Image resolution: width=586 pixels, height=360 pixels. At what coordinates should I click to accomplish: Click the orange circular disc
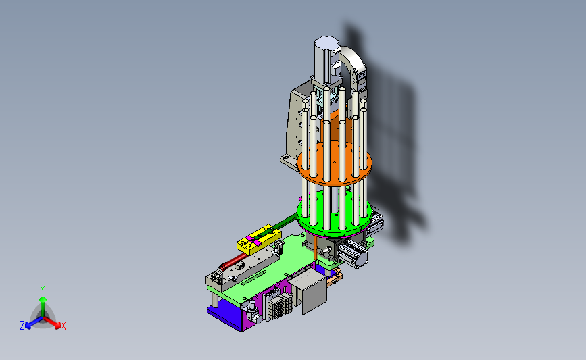335,164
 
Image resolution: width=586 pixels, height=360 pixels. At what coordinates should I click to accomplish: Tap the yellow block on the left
259,240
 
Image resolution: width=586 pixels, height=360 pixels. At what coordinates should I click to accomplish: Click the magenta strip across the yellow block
253,240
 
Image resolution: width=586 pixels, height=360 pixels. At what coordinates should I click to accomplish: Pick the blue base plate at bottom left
224,316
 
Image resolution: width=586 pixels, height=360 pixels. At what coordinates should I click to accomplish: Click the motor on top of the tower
326,59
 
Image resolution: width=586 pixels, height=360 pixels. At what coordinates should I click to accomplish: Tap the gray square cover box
310,290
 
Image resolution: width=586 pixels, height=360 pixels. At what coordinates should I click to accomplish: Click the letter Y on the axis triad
43,290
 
